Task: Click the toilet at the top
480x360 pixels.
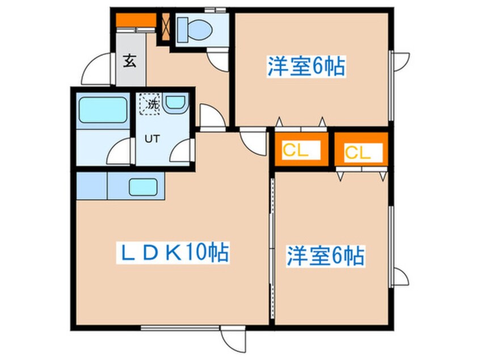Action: pos(186,26)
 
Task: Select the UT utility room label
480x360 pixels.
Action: pos(151,138)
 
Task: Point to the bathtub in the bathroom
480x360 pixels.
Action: pos(102,110)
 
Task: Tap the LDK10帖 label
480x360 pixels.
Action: pos(174,253)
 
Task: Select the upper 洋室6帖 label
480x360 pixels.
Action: pos(306,68)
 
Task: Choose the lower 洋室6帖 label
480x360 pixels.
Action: pos(325,256)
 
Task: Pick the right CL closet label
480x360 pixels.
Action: pos(359,152)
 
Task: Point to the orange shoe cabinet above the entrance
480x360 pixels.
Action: pos(136,22)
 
